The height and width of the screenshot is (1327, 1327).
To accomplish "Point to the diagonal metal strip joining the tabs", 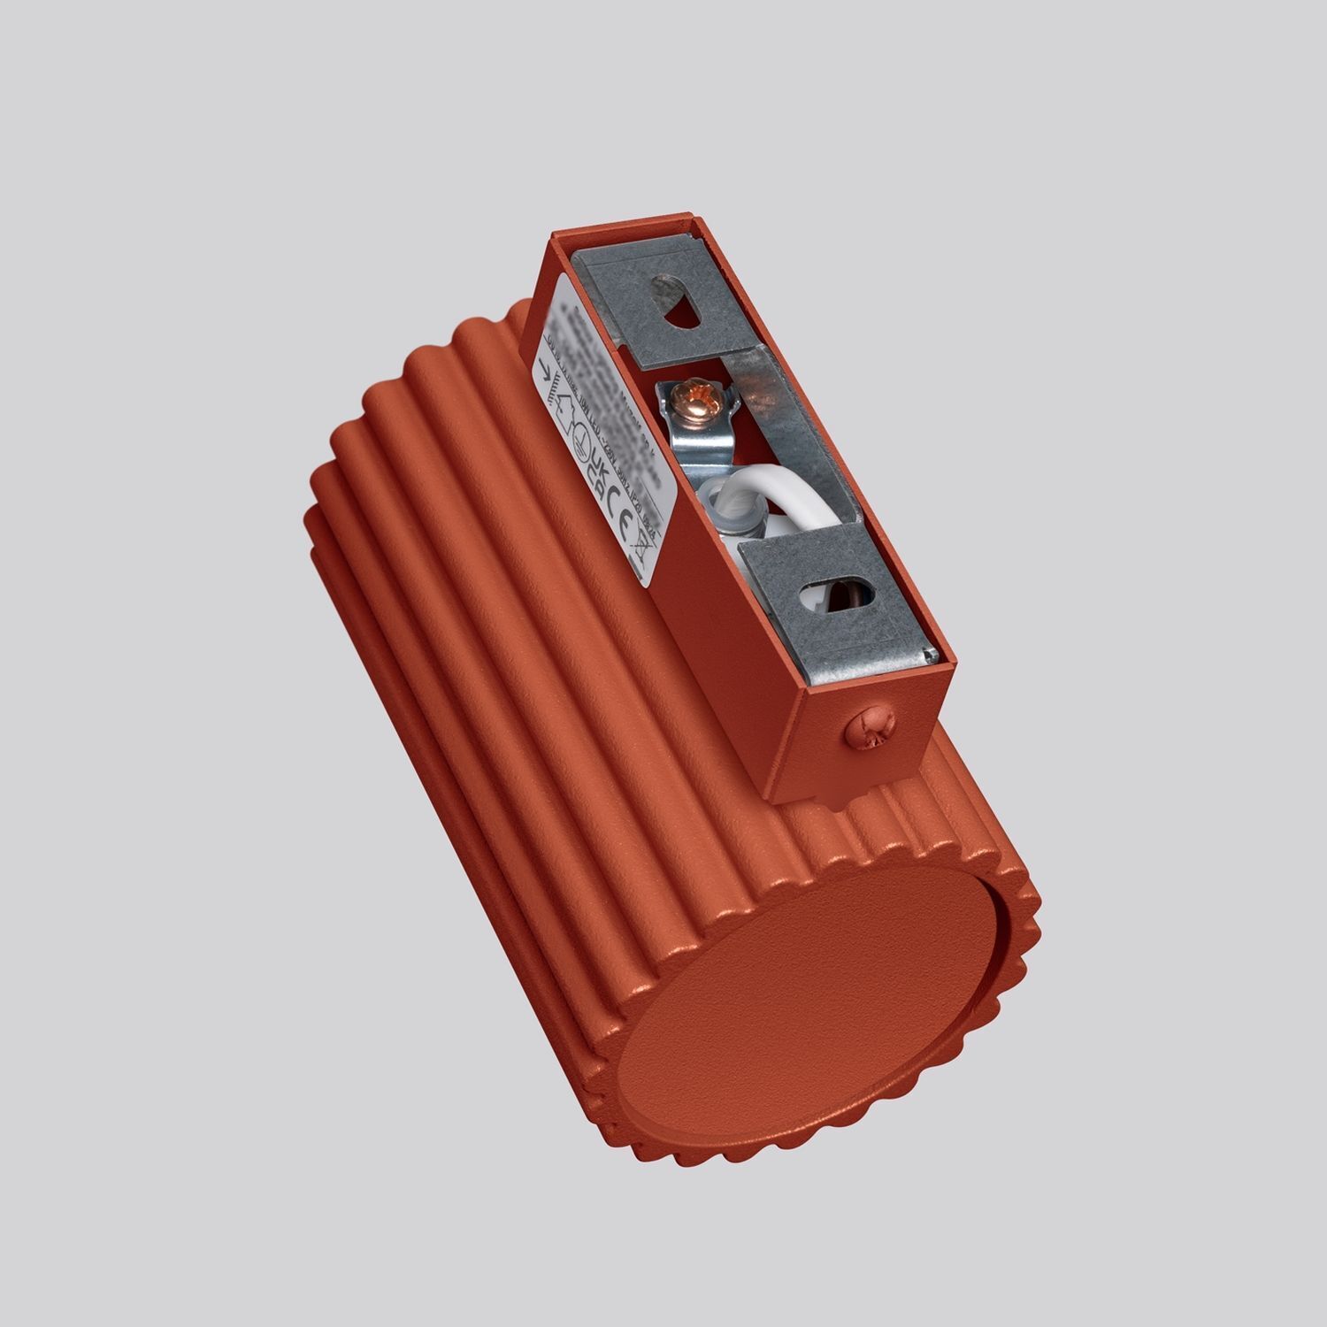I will point(787,416).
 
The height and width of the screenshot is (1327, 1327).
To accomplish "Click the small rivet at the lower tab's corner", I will point(926,655).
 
